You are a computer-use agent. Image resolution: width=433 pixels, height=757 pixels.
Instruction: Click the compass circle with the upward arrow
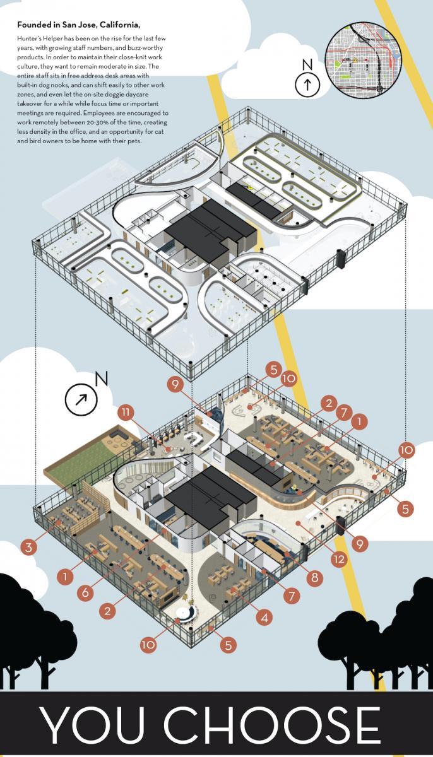[307, 85]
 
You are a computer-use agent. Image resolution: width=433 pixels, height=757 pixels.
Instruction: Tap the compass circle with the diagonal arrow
[81, 399]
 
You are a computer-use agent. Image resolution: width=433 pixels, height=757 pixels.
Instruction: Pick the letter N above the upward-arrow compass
[307, 64]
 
